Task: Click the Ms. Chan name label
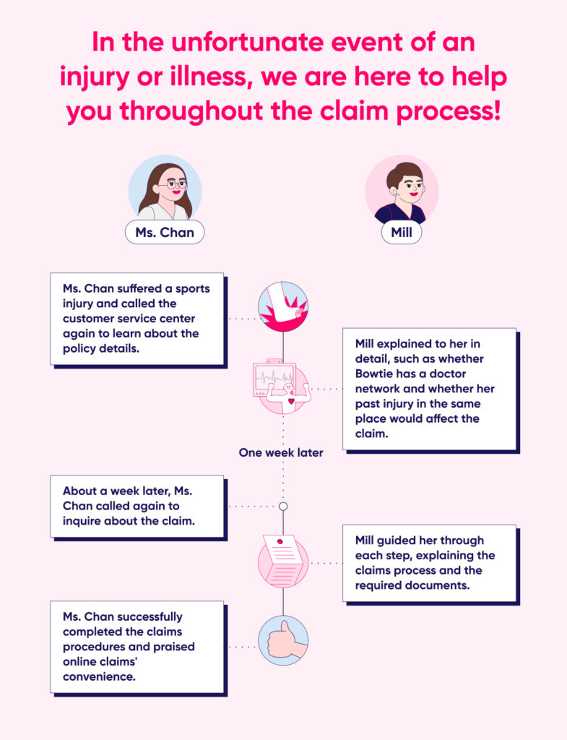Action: tap(164, 233)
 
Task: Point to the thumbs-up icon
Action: tap(283, 640)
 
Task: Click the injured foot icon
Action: tap(283, 306)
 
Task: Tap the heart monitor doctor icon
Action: tap(283, 389)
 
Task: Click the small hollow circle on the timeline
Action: tap(283, 506)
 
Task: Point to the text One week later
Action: tap(281, 453)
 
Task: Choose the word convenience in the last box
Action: tap(100, 676)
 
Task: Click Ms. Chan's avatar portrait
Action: tap(164, 189)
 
